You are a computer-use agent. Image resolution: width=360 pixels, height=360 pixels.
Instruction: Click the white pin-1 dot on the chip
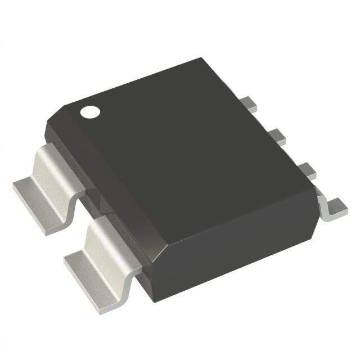pos(88,111)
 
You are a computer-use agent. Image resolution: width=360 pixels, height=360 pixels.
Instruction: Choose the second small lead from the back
pos(276,135)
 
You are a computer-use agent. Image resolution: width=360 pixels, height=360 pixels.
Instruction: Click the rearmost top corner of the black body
pos(201,58)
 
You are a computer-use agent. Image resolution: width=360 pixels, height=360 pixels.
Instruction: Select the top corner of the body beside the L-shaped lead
pos(316,194)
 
